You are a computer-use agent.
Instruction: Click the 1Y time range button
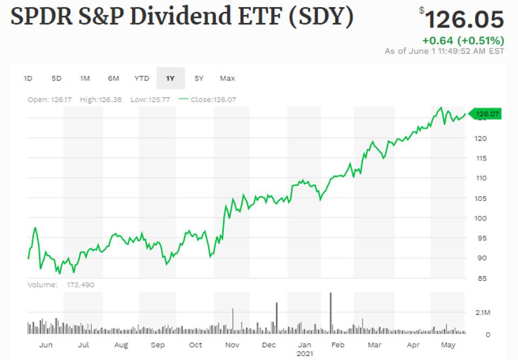tap(170, 78)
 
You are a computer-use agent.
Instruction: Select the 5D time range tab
tap(56, 78)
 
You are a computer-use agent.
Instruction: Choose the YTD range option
tap(142, 78)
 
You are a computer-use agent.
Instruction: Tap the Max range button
tap(227, 78)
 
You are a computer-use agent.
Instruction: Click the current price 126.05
tap(464, 20)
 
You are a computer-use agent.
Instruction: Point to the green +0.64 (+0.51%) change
tap(463, 41)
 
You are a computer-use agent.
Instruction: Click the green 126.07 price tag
tap(486, 114)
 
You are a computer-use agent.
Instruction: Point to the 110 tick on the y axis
tap(481, 178)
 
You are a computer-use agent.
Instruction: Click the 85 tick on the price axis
tap(481, 278)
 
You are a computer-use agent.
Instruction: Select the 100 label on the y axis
tap(481, 218)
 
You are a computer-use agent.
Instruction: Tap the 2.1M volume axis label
tap(483, 313)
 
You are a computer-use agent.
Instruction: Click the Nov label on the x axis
tap(232, 345)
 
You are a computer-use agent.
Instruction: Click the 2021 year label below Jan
tap(305, 354)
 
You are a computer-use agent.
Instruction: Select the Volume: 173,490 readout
tap(61, 284)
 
